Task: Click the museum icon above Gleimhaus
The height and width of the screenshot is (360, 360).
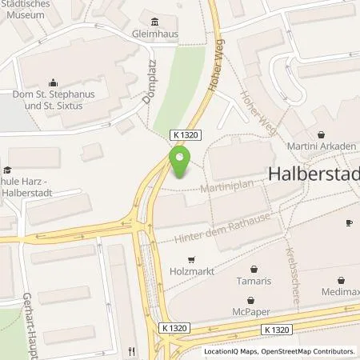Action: (x=154, y=22)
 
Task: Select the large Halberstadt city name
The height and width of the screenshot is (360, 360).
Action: (x=314, y=174)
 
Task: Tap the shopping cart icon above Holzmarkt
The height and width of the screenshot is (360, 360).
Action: (x=191, y=259)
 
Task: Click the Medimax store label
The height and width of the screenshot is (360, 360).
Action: (x=342, y=294)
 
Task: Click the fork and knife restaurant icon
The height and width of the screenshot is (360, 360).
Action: (x=130, y=350)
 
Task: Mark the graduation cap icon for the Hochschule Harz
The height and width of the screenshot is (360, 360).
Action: (x=7, y=170)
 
